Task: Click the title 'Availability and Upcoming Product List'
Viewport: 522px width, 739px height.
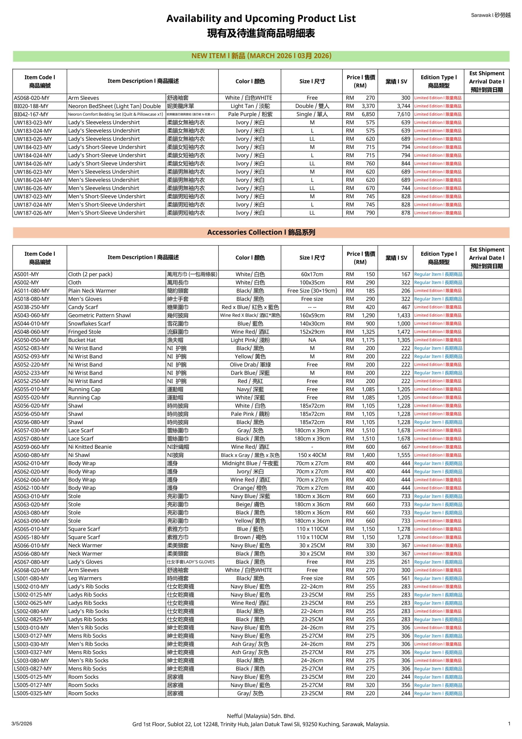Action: (x=261, y=19)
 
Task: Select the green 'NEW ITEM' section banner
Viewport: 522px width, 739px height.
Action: (x=261, y=56)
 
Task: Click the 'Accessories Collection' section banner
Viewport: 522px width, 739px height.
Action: (x=261, y=232)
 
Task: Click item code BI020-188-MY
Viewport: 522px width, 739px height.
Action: (x=31, y=106)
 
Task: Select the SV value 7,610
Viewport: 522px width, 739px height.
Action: (x=403, y=114)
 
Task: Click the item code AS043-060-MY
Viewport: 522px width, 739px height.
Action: (x=31, y=316)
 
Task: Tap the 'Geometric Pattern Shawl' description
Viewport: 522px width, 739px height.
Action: (x=99, y=316)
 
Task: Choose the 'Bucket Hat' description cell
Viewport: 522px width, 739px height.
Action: (x=82, y=340)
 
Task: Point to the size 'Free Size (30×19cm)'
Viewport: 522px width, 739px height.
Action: (x=312, y=291)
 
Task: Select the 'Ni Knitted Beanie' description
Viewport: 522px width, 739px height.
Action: (x=90, y=447)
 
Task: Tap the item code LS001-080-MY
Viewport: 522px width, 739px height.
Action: (x=31, y=578)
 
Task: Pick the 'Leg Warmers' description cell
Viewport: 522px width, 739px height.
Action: (x=85, y=578)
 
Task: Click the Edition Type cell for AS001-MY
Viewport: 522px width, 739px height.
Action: (x=438, y=274)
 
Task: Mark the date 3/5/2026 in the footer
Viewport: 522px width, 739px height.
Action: (x=22, y=724)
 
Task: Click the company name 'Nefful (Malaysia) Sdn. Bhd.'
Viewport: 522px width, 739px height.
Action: (x=261, y=716)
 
